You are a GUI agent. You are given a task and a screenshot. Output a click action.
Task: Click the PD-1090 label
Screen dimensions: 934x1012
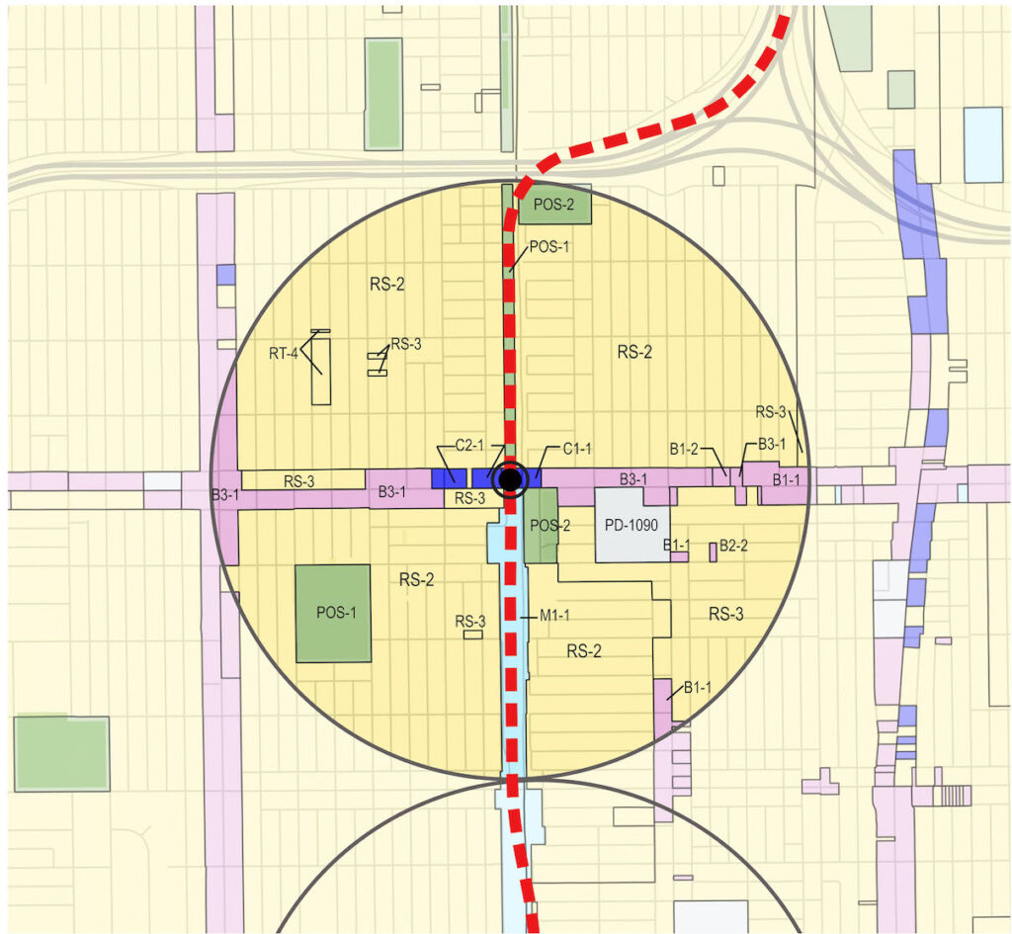pos(632,524)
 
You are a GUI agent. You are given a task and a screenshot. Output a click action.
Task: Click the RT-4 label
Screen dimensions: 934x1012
pos(284,353)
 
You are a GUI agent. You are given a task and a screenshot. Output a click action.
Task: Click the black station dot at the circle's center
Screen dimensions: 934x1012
pos(510,479)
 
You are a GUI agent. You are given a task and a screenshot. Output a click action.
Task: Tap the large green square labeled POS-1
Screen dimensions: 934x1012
pos(333,613)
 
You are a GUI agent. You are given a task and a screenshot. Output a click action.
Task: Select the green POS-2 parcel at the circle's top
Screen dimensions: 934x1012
pos(554,204)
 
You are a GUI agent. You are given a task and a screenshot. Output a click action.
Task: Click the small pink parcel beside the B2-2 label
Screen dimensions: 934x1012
pos(713,552)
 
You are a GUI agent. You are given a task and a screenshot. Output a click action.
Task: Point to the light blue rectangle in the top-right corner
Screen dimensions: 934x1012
pos(982,144)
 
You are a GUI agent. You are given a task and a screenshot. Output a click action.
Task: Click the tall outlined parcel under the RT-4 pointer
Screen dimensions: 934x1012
pos(320,371)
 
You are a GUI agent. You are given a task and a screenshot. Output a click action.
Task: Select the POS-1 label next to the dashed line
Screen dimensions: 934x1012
pos(550,246)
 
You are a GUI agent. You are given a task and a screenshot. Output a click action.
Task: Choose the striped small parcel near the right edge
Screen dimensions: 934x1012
pos(953,795)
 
